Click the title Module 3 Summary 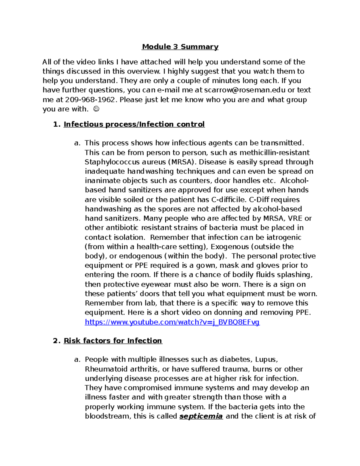[180, 47]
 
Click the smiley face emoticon [96, 109]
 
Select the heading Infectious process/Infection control [134, 124]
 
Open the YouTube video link [172, 322]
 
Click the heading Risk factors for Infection [113, 341]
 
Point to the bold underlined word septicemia [201, 416]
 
